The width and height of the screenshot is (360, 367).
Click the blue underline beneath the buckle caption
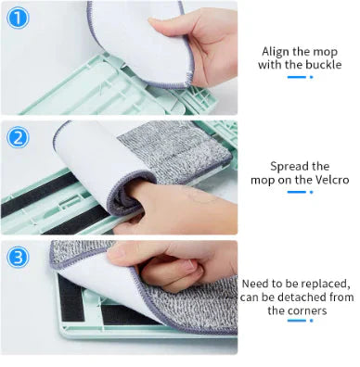tap(296, 78)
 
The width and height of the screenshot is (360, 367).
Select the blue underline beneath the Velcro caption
tap(296, 193)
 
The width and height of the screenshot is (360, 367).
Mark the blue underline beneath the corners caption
tap(296, 322)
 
